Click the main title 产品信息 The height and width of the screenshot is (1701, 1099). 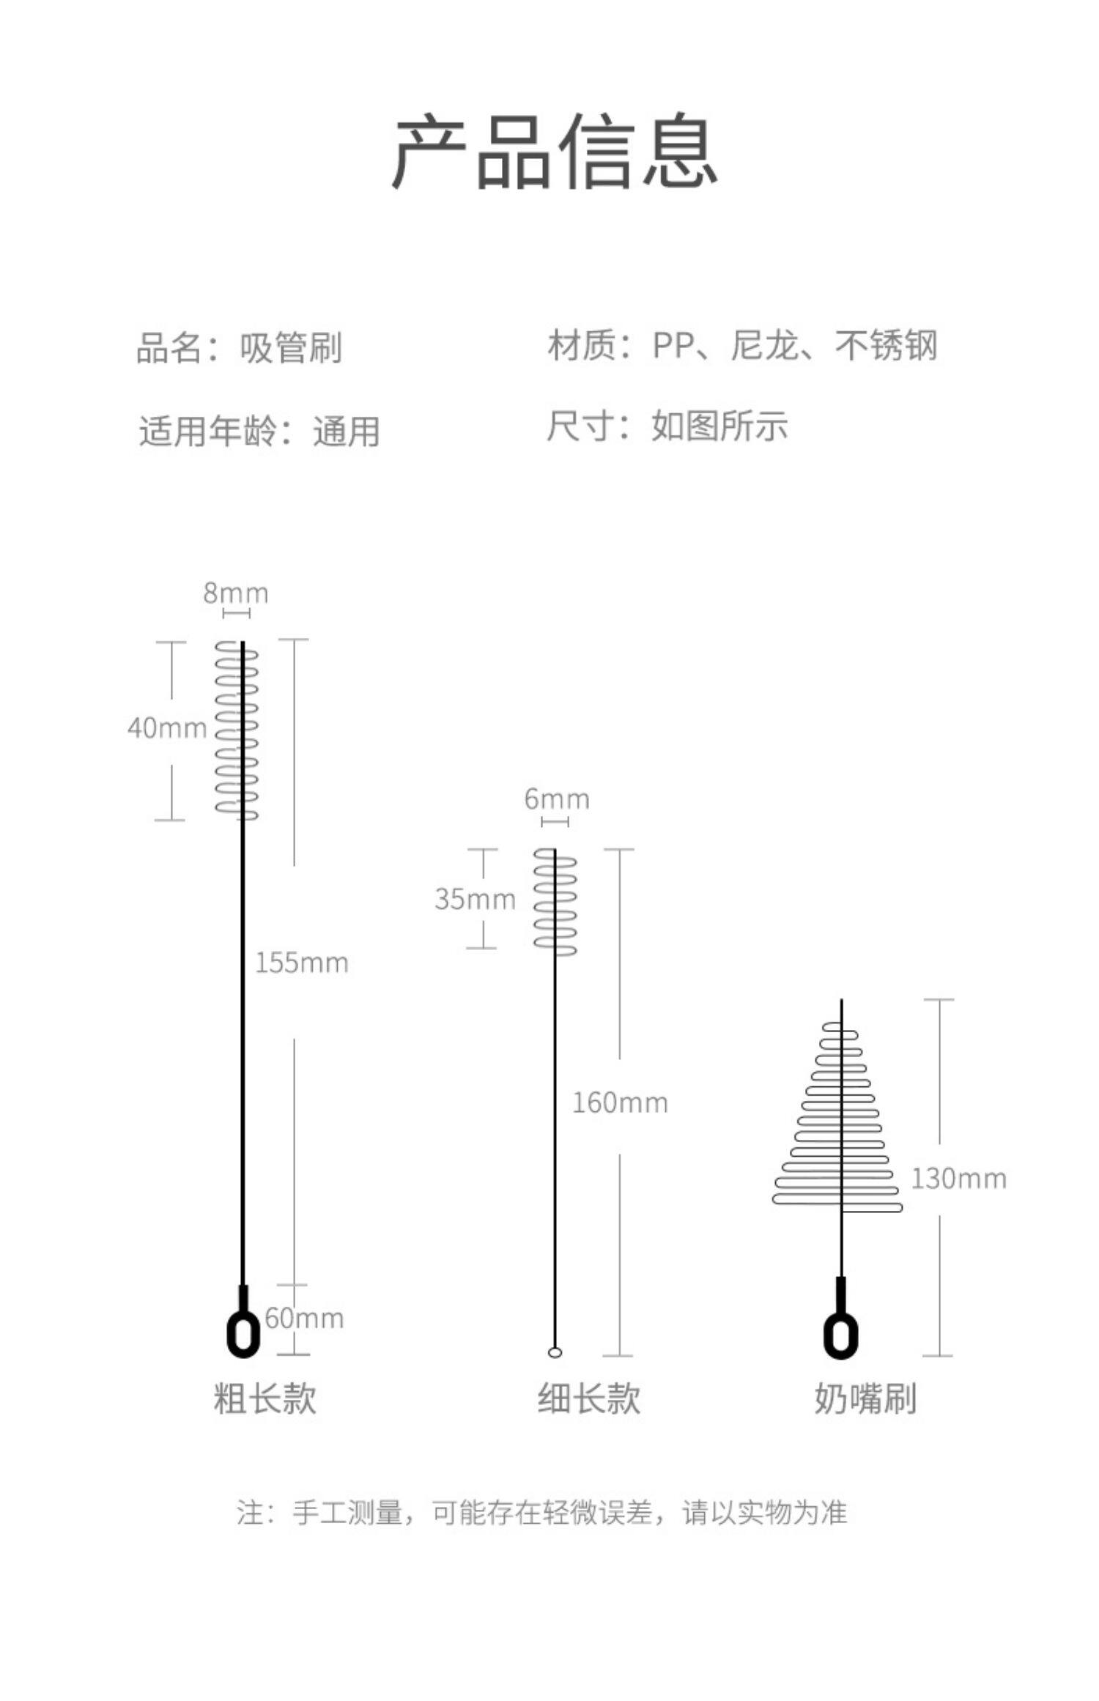[x=554, y=152]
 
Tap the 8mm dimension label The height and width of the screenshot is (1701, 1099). [x=236, y=593]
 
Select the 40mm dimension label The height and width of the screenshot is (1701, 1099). [x=167, y=728]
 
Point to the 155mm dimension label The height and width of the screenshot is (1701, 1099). [x=302, y=963]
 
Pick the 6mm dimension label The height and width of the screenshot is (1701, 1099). [x=557, y=799]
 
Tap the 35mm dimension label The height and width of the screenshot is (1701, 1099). [x=475, y=899]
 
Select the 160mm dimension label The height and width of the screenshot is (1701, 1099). [x=620, y=1103]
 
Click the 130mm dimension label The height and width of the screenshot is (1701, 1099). [x=958, y=1179]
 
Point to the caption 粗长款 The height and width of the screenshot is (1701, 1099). [x=265, y=1398]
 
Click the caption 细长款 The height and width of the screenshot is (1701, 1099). [x=589, y=1398]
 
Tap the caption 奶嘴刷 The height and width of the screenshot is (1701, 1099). [x=865, y=1398]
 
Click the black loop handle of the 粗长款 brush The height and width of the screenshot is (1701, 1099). [x=243, y=1332]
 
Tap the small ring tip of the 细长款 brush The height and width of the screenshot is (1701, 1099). [x=555, y=1352]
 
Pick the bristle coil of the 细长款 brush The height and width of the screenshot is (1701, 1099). [x=555, y=901]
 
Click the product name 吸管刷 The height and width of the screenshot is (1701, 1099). [x=291, y=348]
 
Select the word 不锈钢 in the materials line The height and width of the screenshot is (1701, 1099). [x=886, y=345]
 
